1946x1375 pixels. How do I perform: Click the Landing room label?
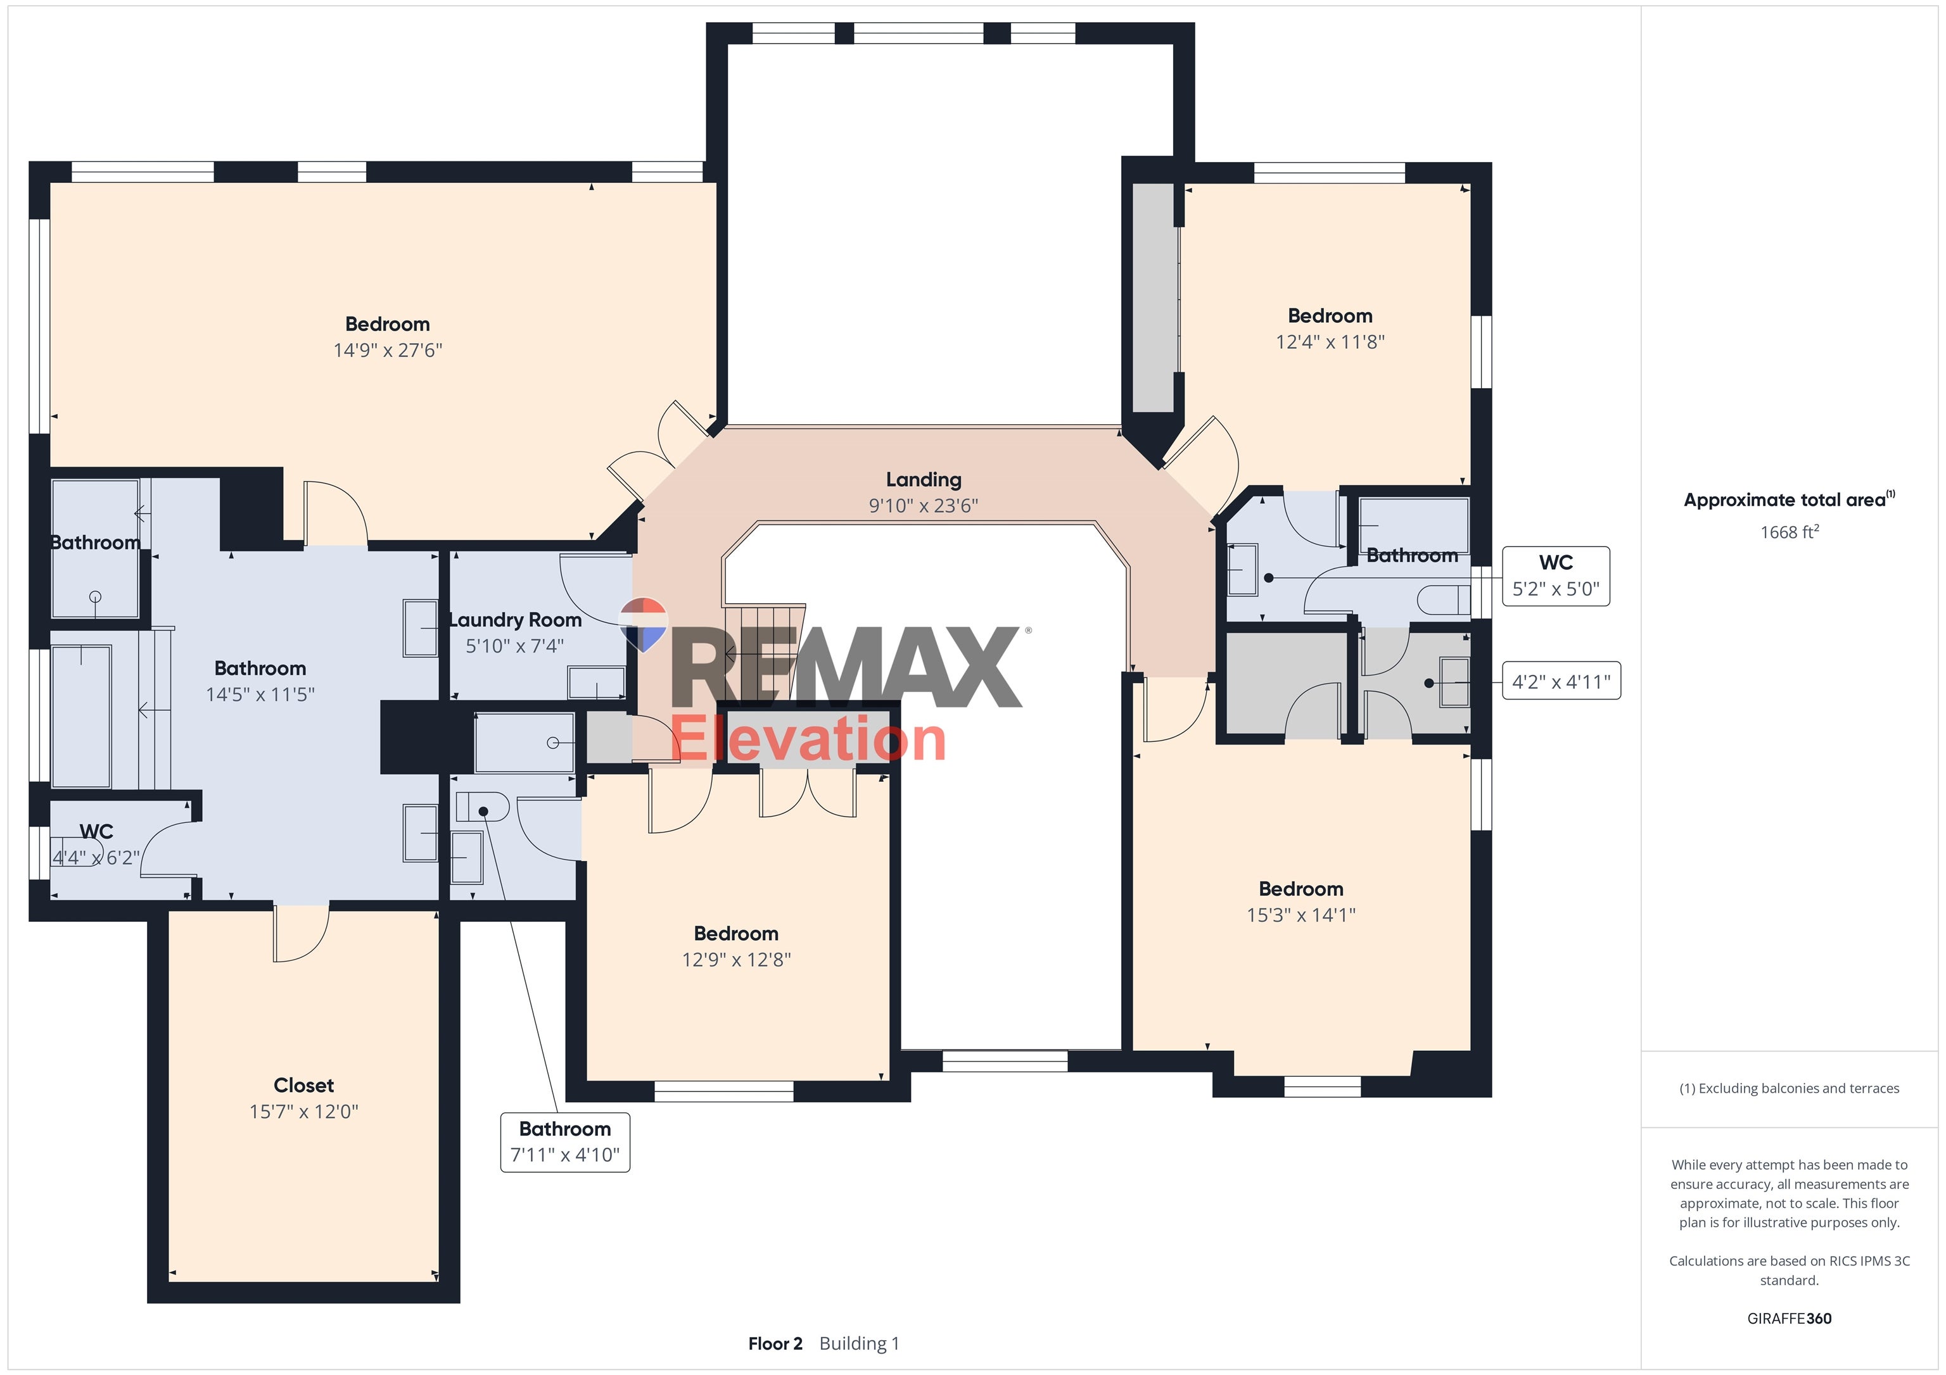(923, 479)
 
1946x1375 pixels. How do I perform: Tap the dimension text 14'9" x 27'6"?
(387, 350)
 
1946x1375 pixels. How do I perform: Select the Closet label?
(303, 1085)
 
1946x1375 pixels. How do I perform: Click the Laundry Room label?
(515, 620)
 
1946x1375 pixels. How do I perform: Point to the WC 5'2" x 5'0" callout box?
(1555, 576)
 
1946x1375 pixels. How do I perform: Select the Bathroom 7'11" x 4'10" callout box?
(564, 1142)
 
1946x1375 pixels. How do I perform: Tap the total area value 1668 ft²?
(1788, 532)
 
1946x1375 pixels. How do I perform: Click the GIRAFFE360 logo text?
(1788, 1318)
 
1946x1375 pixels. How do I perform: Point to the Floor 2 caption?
(775, 1343)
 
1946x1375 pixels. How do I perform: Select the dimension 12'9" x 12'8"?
(735, 959)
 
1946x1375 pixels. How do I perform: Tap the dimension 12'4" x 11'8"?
(1330, 341)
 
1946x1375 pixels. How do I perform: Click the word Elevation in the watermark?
(808, 739)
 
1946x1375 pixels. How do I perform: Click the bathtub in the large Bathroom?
(81, 716)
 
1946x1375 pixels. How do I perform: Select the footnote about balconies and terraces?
(1788, 1089)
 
